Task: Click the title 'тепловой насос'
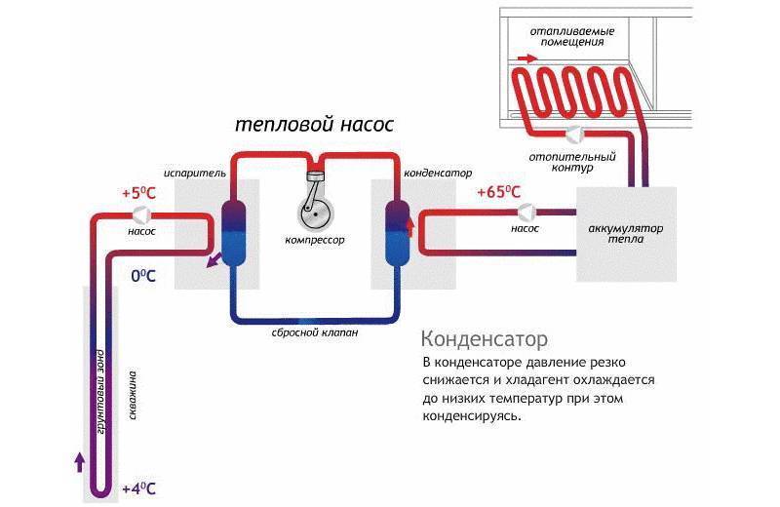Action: (314, 126)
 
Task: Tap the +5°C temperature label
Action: (138, 193)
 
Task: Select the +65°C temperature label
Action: (498, 193)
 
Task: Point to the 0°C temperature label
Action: (143, 276)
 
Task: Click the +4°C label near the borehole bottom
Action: (138, 487)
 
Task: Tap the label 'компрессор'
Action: (315, 239)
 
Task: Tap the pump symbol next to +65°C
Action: (526, 211)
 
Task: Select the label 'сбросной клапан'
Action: (315, 332)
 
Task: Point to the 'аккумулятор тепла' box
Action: (625, 232)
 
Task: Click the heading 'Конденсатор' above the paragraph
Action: (484, 339)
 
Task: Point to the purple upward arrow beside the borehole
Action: (79, 461)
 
